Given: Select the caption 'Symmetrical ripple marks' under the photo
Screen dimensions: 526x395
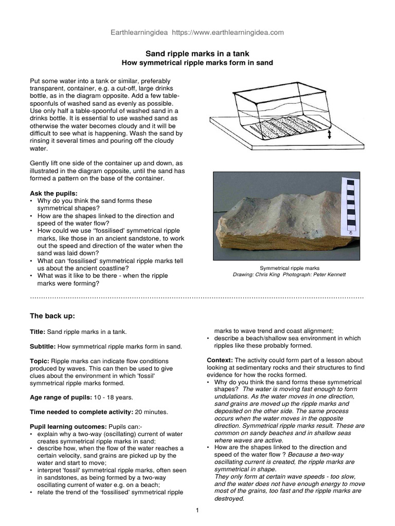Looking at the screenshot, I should [x=290, y=268].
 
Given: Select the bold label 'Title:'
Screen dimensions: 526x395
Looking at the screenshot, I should [x=39, y=332].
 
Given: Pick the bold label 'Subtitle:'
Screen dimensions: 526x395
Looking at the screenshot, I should [x=44, y=347].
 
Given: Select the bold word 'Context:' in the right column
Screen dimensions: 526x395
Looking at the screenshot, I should [x=220, y=360].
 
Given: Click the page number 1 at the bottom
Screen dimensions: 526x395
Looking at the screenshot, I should [x=197, y=511].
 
